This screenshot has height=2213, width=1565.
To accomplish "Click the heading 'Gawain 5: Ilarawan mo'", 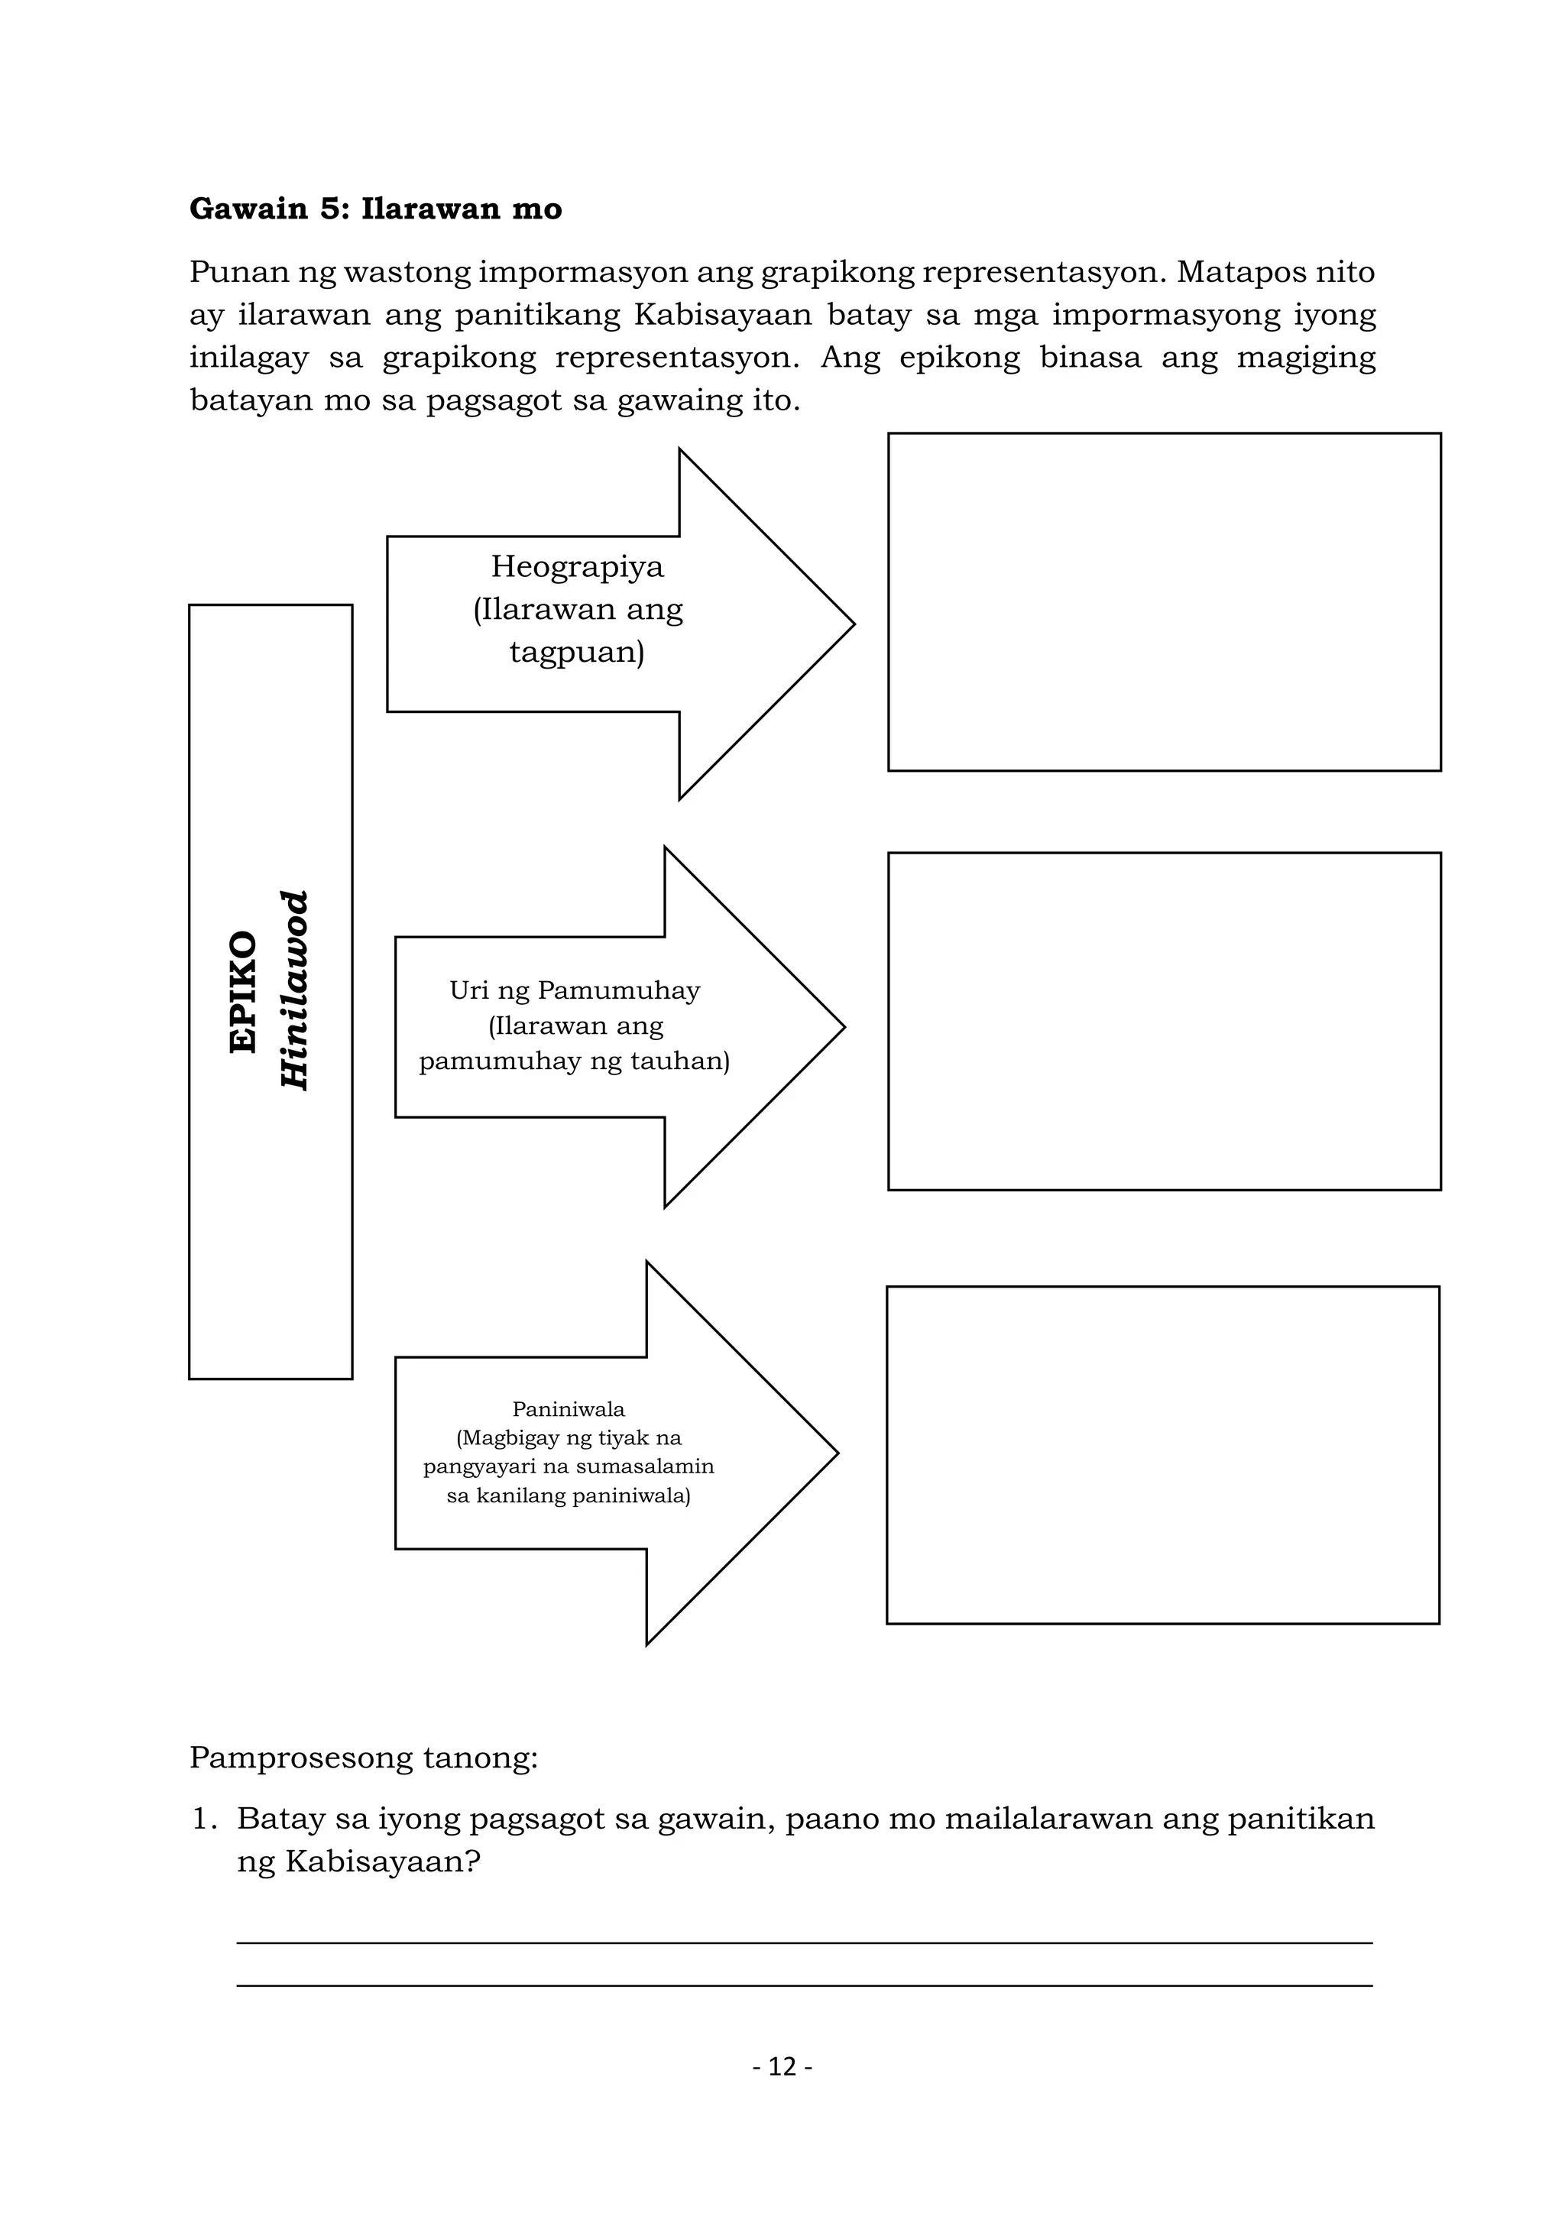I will coord(375,209).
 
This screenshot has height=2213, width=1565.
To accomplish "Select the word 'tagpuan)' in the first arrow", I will coord(576,653).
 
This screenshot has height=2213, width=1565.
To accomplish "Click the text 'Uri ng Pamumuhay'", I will coord(575,990).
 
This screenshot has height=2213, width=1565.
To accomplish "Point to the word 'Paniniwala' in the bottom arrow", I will coord(569,1409).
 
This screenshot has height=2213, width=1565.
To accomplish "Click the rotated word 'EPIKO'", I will coord(244,992).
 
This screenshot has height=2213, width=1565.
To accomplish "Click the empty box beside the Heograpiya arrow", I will coord(1163,601).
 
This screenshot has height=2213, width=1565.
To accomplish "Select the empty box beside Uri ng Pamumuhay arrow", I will coord(1163,1021).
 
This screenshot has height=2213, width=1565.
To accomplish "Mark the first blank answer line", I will coord(804,1941).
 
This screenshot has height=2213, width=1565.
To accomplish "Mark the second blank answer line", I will coord(804,1985).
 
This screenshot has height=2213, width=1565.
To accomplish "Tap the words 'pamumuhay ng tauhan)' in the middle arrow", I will coord(575,1061).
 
